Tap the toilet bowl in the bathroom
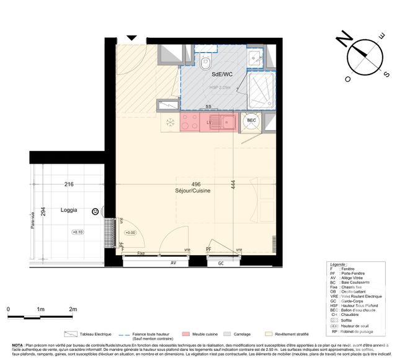(206, 62)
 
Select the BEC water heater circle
(252, 121)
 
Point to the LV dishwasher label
(208, 122)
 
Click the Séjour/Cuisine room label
(193, 191)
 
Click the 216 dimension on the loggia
(69, 184)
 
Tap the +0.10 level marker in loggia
(78, 233)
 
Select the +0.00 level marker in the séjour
(130, 233)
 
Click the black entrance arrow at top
(132, 37)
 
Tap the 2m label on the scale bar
(73, 308)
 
